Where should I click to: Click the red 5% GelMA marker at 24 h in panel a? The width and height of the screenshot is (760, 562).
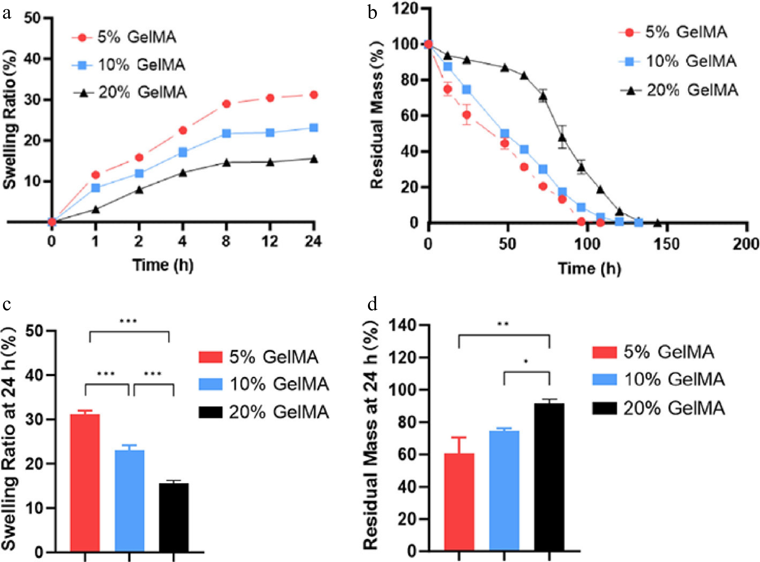click(x=314, y=95)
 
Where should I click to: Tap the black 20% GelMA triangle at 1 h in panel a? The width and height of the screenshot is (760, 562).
click(x=96, y=209)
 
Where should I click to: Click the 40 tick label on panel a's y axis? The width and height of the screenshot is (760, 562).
click(x=33, y=59)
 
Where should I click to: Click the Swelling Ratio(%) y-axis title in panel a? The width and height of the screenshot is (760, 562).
click(x=9, y=119)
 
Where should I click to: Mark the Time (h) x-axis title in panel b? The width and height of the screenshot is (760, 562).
click(x=589, y=269)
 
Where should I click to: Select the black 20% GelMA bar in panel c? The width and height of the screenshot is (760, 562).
click(x=174, y=517)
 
